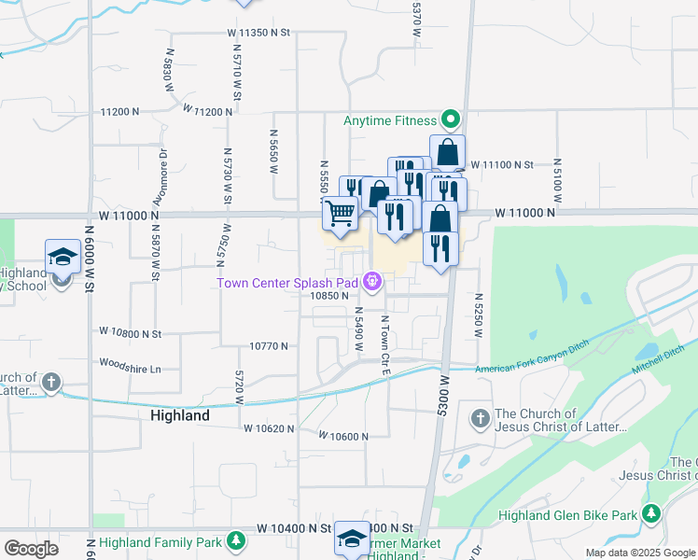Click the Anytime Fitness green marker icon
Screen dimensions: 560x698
tap(451, 119)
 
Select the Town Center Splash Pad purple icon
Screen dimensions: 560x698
tap(373, 280)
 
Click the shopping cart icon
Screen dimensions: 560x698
tap(341, 213)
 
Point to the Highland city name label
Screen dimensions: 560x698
tap(179, 415)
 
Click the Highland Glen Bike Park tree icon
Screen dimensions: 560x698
tap(650, 513)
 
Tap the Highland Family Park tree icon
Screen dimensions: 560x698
tap(238, 540)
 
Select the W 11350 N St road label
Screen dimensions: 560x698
tap(259, 32)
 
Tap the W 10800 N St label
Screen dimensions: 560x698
tap(131, 332)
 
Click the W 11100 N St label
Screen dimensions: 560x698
tap(501, 164)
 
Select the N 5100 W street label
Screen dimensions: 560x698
tap(556, 179)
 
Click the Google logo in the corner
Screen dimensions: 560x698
tap(31, 549)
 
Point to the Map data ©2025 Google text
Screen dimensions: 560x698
tap(639, 553)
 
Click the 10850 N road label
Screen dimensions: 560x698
tap(329, 295)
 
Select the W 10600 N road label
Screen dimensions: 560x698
tap(343, 436)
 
